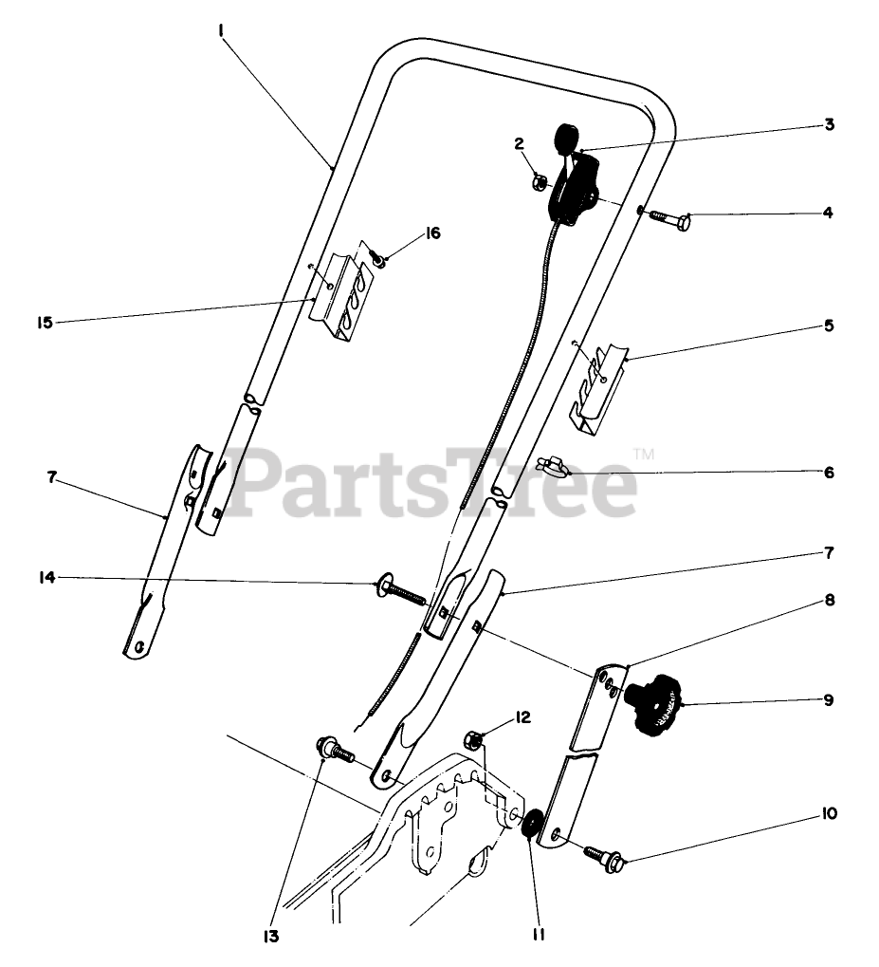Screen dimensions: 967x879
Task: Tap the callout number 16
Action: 432,233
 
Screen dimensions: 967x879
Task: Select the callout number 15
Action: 45,323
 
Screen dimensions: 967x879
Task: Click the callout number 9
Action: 828,700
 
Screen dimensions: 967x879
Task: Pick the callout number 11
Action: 538,935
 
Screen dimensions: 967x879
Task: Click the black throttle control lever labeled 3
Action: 573,180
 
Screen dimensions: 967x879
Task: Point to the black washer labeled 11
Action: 531,824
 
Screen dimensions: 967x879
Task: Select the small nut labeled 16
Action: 376,256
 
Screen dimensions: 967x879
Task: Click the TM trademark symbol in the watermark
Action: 644,455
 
